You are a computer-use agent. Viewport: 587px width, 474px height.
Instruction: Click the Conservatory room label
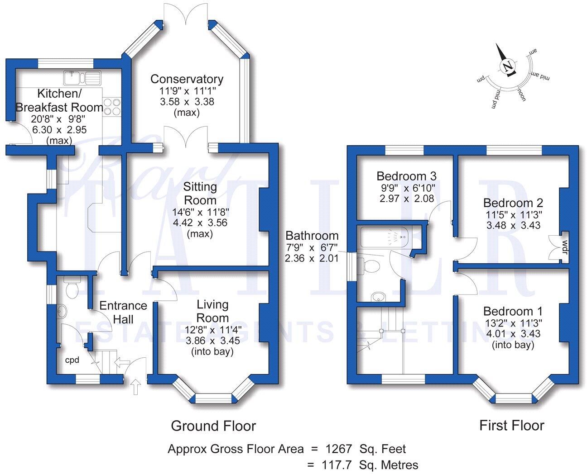[187, 79]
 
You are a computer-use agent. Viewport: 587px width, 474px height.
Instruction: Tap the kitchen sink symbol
[82, 78]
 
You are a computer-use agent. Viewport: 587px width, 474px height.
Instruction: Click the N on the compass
[507, 67]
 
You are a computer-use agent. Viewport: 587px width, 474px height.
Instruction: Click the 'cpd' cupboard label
[72, 360]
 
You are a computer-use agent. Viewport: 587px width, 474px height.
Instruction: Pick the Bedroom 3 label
[406, 176]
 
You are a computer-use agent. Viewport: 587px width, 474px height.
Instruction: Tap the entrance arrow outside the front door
[136, 387]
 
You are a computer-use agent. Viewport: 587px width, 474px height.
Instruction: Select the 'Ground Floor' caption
[213, 426]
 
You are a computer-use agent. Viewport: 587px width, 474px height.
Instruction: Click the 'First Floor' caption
[511, 425]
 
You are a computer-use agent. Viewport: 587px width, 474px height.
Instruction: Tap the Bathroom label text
[312, 236]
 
